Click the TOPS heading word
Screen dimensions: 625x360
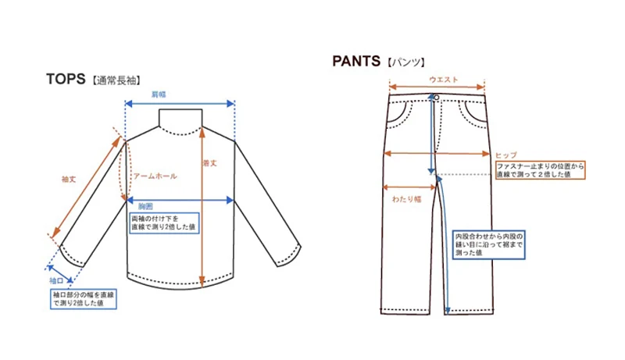point(66,79)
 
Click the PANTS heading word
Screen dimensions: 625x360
point(356,61)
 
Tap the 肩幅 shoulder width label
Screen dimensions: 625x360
point(159,94)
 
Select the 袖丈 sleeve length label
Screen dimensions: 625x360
point(69,180)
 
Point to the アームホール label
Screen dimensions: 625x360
point(155,176)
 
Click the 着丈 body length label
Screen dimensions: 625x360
point(209,163)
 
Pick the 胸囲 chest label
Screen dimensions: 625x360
point(145,206)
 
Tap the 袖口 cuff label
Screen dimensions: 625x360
point(56,281)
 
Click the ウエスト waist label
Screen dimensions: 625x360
point(444,80)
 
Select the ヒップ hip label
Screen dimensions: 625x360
point(506,155)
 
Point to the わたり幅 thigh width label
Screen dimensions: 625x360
point(406,199)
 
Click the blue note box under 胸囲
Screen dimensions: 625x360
point(164,223)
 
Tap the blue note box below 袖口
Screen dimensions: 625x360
point(84,299)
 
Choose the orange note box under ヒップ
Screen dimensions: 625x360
point(541,170)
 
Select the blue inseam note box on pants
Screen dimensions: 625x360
point(489,244)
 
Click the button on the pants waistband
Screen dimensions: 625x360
point(437,98)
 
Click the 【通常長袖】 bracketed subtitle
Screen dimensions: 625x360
point(116,80)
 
